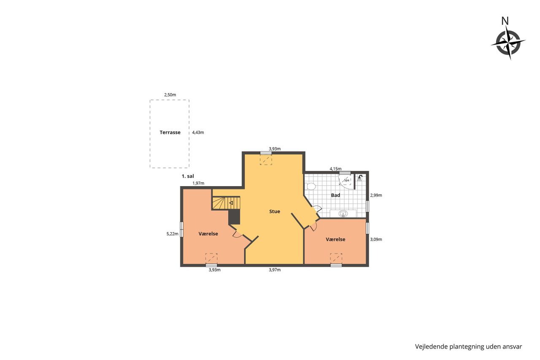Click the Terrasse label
(x=170, y=133)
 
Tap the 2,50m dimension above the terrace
(x=170, y=95)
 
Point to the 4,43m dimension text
(x=198, y=133)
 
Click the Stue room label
(x=275, y=211)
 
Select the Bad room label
(x=335, y=195)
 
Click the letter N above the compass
(x=505, y=21)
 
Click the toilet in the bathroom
(x=310, y=187)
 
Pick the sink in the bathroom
(x=343, y=214)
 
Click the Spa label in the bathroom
(x=346, y=180)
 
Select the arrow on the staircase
(x=231, y=203)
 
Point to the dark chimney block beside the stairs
(x=234, y=217)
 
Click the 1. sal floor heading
(x=188, y=176)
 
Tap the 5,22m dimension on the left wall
(x=173, y=234)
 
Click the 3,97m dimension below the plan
(x=275, y=270)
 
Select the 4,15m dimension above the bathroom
(x=335, y=169)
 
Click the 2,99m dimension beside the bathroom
(x=376, y=195)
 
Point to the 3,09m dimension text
(x=376, y=239)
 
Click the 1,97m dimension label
(x=198, y=183)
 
